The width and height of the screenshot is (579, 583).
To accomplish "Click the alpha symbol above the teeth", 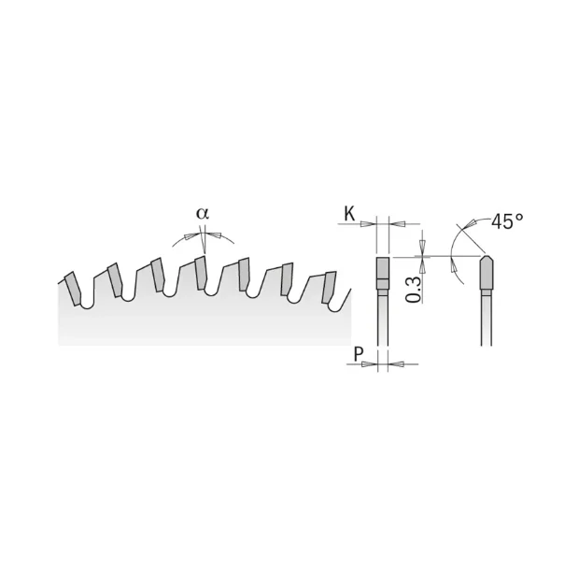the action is (x=203, y=214).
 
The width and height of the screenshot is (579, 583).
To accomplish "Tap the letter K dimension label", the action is (x=349, y=214).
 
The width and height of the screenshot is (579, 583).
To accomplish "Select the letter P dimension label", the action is (x=358, y=354).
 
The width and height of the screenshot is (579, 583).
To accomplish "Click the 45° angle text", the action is (x=507, y=221).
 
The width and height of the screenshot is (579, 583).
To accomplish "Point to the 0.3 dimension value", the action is (x=413, y=290).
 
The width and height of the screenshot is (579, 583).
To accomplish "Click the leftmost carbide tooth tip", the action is (x=73, y=289).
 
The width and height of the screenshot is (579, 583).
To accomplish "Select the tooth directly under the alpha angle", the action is (x=200, y=273).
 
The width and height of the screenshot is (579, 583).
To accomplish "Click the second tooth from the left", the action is (x=115, y=280).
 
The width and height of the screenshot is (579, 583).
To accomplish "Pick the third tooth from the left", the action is (x=158, y=275).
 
